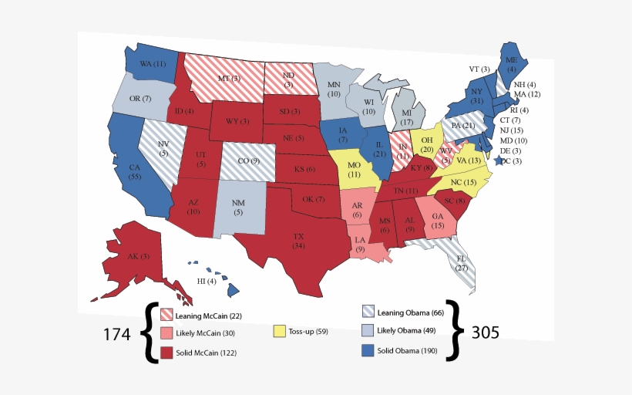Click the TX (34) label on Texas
(x=298, y=240)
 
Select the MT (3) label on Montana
(x=228, y=79)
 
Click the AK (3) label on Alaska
(x=140, y=257)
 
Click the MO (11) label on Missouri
(x=355, y=170)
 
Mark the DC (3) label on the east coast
(x=511, y=161)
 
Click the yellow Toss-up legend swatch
(x=280, y=331)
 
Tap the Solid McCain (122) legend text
(x=206, y=353)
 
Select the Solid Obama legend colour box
(x=368, y=351)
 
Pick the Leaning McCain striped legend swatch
(x=166, y=315)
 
